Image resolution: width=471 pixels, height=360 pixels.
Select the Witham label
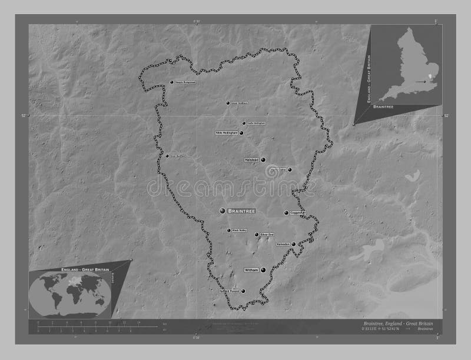pyautogui.click(x=251, y=271)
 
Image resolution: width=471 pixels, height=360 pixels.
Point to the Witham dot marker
pyautogui.click(x=263, y=270)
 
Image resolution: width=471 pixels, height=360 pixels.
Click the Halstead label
pyautogui.click(x=251, y=159)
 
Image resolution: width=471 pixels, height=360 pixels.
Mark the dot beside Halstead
pyautogui.click(x=263, y=159)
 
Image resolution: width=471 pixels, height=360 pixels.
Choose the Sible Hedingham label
pyautogui.click(x=226, y=133)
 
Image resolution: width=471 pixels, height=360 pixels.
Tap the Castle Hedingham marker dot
pyautogui.click(x=244, y=123)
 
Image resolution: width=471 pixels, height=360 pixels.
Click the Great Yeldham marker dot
pyautogui.click(x=228, y=103)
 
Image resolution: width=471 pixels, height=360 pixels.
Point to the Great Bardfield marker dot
pyautogui.click(x=167, y=156)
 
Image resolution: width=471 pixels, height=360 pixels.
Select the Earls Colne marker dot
pyautogui.click(x=289, y=170)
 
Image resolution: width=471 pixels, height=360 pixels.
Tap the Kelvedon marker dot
pyautogui.click(x=293, y=244)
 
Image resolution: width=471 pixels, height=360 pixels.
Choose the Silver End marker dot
pyautogui.click(x=256, y=235)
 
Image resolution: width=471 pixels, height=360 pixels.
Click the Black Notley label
pyautogui.click(x=238, y=230)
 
